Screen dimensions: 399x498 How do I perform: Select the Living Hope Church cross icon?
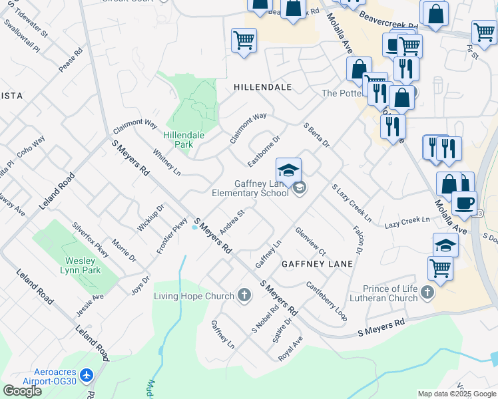244,295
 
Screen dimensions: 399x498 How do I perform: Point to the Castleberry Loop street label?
326,301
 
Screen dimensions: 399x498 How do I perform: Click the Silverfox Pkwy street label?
91,240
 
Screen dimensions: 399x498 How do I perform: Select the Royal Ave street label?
290,348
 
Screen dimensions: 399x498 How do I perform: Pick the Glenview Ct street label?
310,242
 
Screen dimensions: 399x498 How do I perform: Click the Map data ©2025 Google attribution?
457,394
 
